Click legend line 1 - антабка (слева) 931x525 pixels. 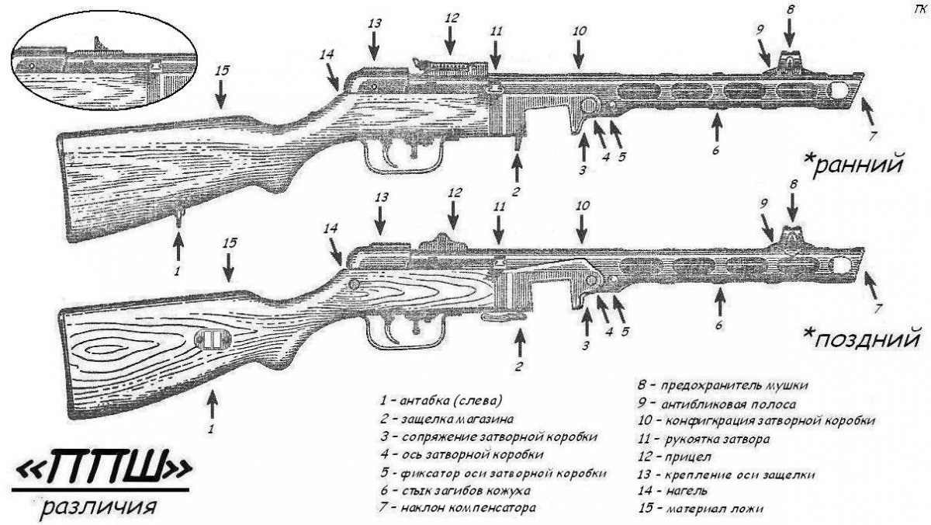click(x=441, y=401)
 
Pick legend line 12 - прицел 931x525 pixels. click(x=679, y=456)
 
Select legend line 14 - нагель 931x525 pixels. click(x=676, y=491)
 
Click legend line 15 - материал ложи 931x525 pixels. click(x=701, y=509)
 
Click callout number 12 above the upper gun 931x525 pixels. click(x=452, y=17)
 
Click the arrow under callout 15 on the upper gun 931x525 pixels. click(x=221, y=94)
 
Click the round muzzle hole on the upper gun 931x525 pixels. click(x=840, y=91)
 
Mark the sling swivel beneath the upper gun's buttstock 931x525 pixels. click(x=180, y=213)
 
